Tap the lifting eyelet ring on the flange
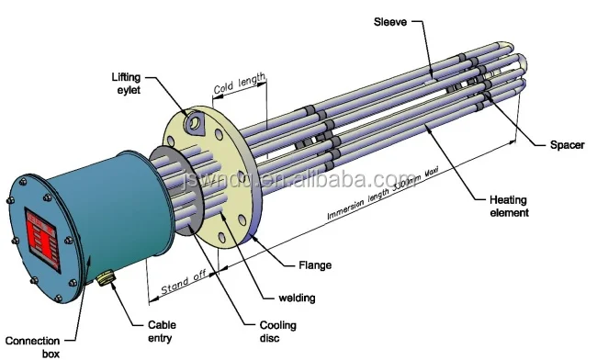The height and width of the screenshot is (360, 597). (196, 121)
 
